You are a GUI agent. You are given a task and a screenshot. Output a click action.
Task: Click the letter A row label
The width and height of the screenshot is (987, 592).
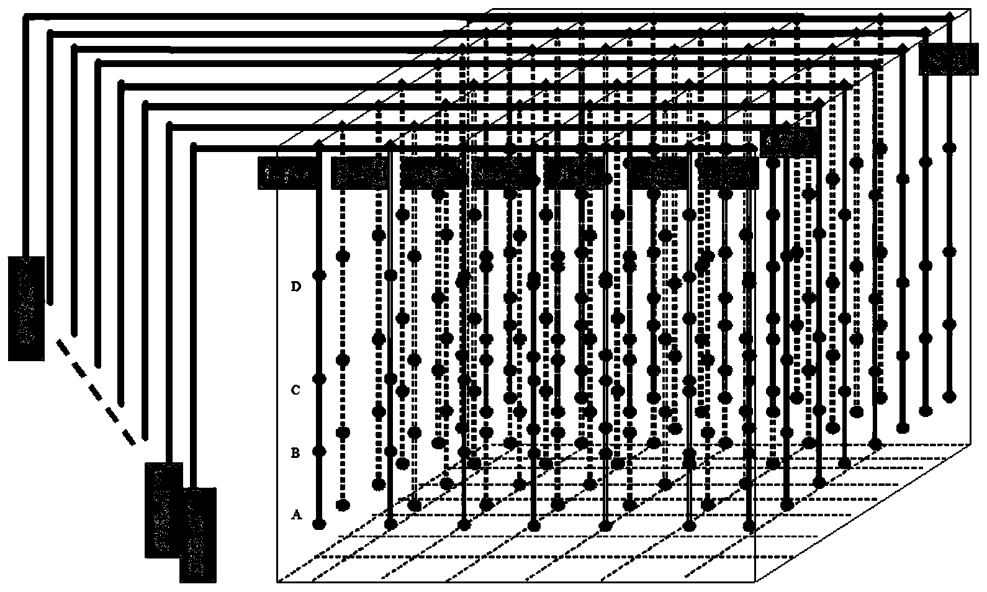click(297, 514)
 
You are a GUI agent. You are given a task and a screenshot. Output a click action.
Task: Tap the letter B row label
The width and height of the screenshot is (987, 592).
click(295, 453)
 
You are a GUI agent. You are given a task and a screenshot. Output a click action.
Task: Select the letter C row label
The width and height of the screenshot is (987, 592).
click(297, 390)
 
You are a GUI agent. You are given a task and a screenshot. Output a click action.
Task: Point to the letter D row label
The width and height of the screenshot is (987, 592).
click(297, 287)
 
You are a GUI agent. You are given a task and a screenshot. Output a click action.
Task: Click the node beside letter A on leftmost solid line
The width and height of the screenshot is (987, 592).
click(319, 524)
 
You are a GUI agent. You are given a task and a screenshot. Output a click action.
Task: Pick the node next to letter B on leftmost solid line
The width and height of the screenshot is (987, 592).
click(319, 451)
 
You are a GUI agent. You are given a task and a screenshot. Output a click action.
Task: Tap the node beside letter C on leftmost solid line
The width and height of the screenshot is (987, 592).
click(319, 378)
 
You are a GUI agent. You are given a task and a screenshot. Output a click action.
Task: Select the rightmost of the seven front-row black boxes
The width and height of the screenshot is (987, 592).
click(728, 173)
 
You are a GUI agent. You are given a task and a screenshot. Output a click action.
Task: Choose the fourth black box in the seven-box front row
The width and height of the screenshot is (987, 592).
click(502, 173)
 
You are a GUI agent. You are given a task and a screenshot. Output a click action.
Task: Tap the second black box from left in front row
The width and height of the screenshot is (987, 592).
click(361, 173)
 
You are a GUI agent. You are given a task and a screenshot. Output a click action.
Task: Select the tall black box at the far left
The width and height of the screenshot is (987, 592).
click(26, 308)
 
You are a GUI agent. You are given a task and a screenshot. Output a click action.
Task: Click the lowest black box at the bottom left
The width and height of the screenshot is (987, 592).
click(198, 535)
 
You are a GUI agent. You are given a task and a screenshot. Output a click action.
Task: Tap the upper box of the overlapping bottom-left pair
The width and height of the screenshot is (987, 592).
click(163, 509)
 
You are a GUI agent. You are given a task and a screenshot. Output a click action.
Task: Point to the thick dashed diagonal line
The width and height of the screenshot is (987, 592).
click(96, 393)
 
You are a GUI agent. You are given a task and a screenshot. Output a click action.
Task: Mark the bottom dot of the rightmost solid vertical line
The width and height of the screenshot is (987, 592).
click(949, 395)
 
